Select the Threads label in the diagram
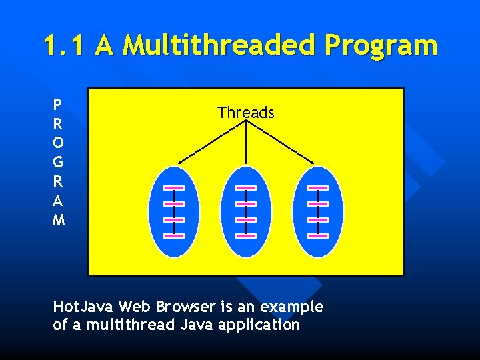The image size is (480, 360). coord(245,113)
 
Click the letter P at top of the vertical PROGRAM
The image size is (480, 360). coord(58,105)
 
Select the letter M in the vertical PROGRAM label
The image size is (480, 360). coord(59,219)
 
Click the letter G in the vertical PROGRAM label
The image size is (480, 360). coord(59,162)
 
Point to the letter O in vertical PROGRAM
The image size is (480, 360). coord(59,143)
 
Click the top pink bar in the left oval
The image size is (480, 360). coord(174,187)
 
